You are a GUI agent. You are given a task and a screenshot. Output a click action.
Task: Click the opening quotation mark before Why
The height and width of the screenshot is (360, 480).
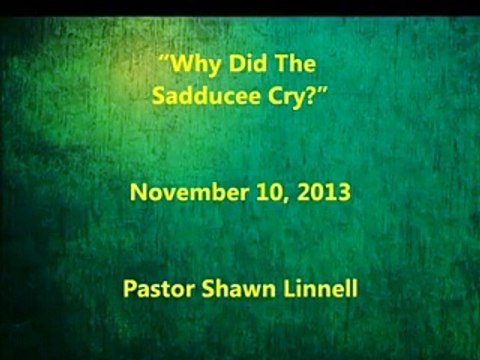tap(165, 63)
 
